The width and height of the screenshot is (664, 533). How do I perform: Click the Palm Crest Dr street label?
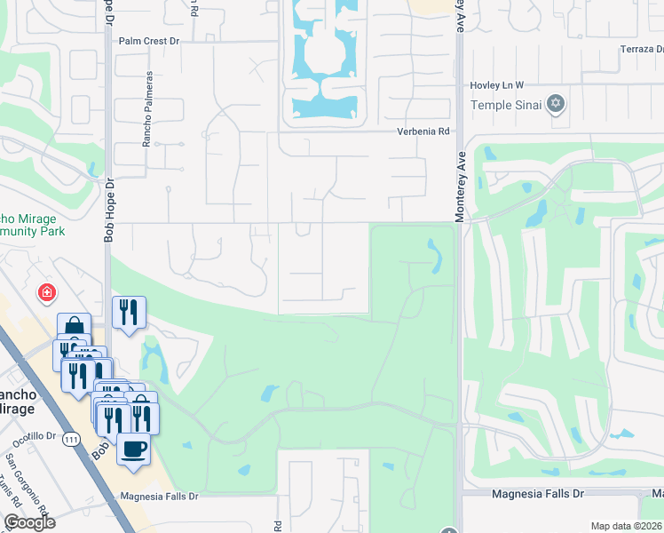tap(149, 41)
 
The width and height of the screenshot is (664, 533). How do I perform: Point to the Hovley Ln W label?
tap(496, 84)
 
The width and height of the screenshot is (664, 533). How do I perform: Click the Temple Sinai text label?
tap(507, 104)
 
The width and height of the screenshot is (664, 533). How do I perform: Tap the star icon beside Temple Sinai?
tap(557, 104)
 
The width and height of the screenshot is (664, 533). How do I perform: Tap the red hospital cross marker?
tap(45, 292)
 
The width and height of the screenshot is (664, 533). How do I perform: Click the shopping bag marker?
tap(74, 326)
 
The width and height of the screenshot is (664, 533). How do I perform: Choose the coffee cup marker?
tap(133, 449)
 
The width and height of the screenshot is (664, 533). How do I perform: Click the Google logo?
tap(28, 522)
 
